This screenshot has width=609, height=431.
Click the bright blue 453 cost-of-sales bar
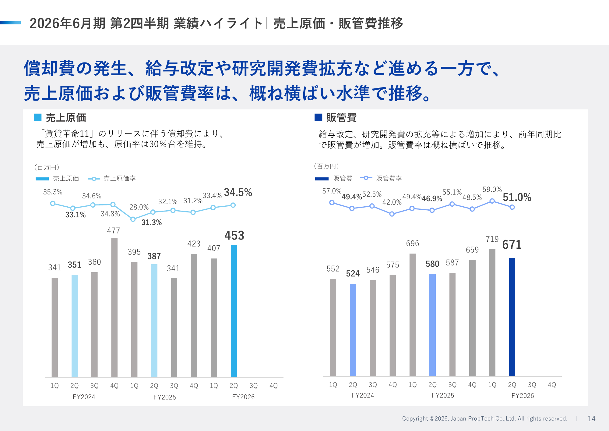point(234,311)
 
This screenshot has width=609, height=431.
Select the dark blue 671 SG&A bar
point(512,317)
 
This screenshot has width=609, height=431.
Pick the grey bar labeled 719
point(492,313)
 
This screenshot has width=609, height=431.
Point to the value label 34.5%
point(238,193)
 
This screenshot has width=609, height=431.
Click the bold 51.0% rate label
point(517,198)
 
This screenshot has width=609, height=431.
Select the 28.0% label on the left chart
point(139,207)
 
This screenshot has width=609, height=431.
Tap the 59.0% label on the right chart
point(492,190)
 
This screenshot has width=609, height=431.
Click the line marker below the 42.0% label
point(392,214)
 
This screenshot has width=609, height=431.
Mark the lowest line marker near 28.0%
point(133,219)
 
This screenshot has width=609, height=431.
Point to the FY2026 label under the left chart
point(243,397)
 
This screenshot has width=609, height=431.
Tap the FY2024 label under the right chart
point(363,396)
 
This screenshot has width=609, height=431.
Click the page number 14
point(591,419)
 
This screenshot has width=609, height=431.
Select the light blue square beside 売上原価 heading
point(37,117)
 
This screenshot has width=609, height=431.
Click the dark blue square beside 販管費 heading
point(318,117)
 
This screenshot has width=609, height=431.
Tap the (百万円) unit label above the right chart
point(326,166)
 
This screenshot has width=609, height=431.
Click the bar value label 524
point(353,274)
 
